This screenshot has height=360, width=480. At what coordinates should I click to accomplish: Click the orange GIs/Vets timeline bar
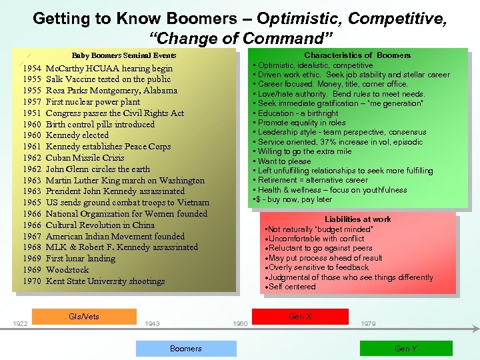(x=84, y=316)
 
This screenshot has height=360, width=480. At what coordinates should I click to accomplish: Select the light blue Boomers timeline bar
(x=186, y=349)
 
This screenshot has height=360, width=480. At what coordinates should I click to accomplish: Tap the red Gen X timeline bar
(x=300, y=316)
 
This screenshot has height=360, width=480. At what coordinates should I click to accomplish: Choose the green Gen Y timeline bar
(x=405, y=349)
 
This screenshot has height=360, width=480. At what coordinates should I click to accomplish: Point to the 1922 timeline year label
(x=21, y=324)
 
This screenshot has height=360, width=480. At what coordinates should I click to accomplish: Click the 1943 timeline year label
(x=152, y=324)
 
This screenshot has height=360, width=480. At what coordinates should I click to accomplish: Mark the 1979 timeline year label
(x=368, y=324)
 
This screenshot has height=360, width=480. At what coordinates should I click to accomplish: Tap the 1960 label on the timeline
(x=240, y=324)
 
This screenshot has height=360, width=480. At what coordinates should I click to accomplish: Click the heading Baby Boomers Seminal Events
(x=124, y=56)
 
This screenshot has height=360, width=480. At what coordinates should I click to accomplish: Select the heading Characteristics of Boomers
(x=357, y=55)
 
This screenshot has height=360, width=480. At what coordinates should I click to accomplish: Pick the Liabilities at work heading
(x=357, y=219)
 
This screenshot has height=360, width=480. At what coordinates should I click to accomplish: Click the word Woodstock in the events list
(x=67, y=270)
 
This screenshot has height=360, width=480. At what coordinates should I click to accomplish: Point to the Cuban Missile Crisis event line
(x=85, y=158)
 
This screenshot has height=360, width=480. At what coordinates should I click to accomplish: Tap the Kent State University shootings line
(x=105, y=281)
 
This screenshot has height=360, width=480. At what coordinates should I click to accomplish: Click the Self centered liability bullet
(x=293, y=287)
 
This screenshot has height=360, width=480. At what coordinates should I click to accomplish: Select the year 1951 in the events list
(x=32, y=113)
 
